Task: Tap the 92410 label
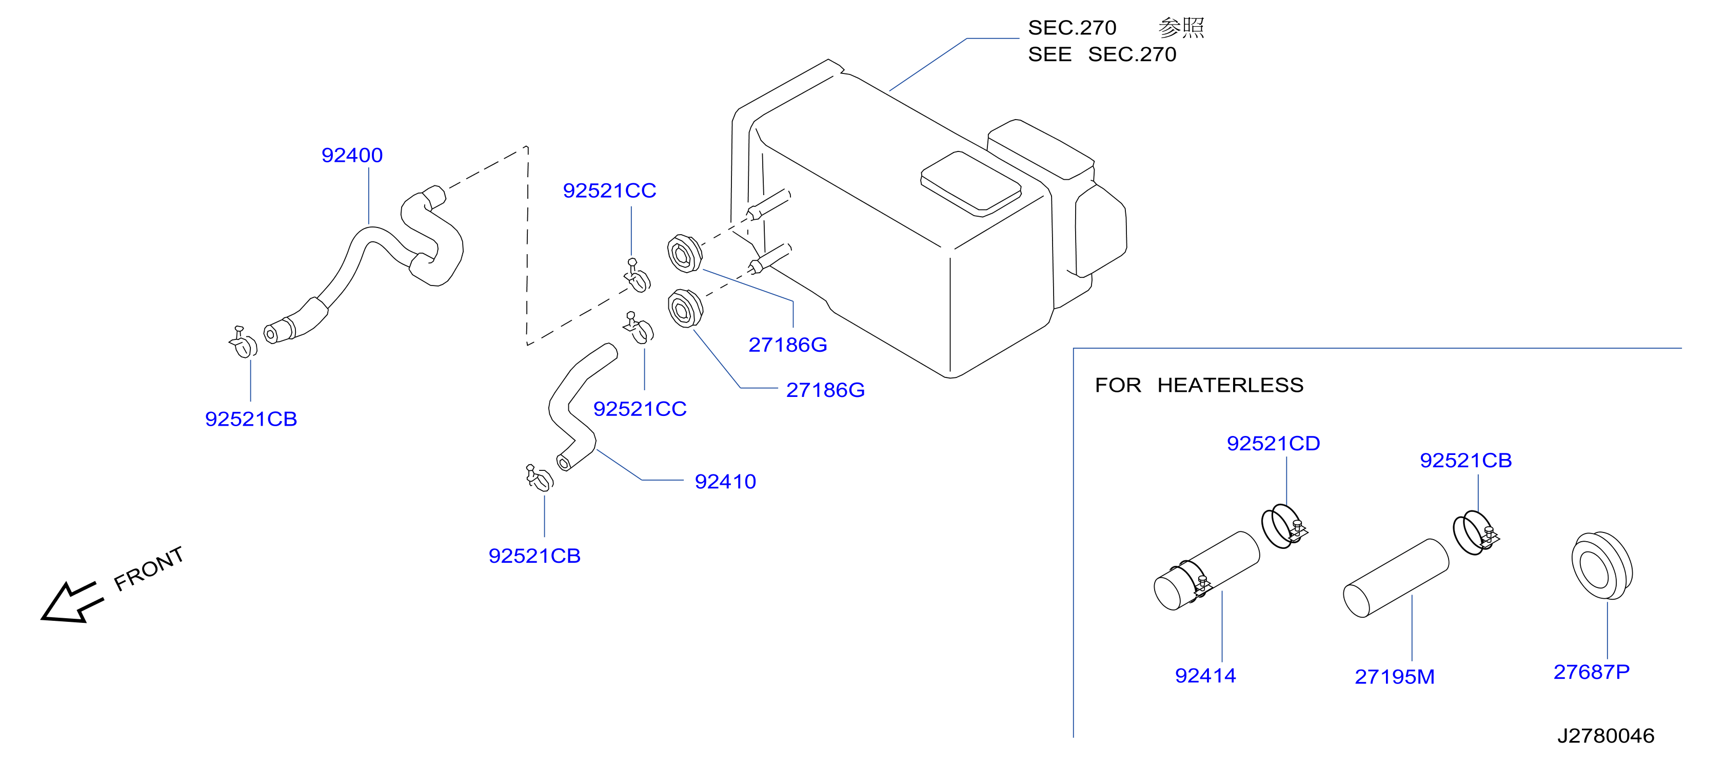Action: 725,481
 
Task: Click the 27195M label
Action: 1394,677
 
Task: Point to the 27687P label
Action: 1591,672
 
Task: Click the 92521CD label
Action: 1273,444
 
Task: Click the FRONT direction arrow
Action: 72,602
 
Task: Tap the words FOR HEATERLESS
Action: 1199,385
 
